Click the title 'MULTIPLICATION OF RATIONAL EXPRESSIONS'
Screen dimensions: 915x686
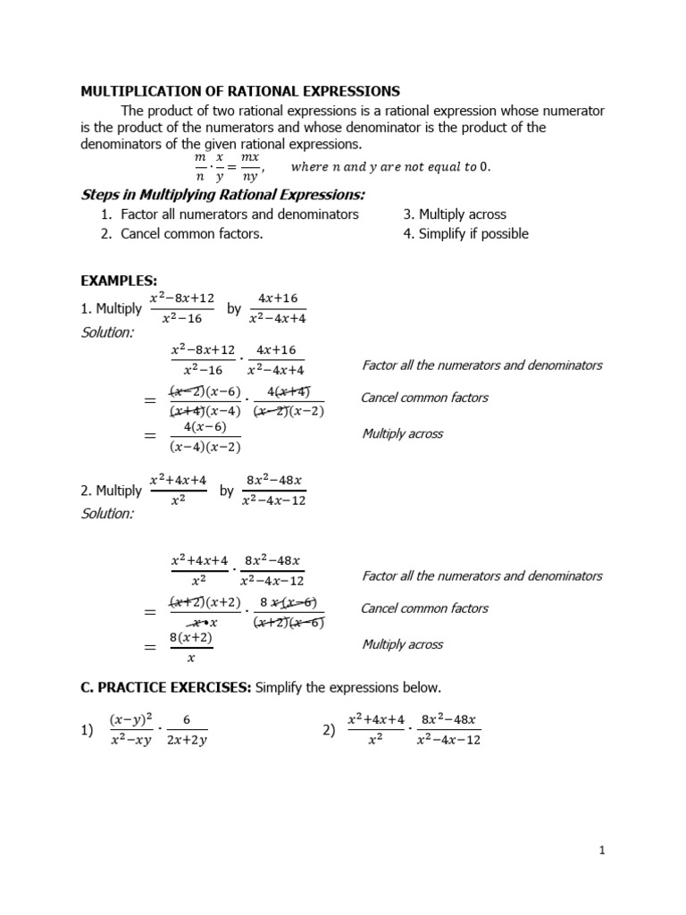(240, 91)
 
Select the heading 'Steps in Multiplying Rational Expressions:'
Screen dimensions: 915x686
(223, 195)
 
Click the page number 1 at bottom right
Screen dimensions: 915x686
(603, 851)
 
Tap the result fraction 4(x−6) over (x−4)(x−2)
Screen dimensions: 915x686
(205, 437)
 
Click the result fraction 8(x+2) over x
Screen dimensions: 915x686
(191, 648)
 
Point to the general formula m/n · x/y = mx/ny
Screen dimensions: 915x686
(227, 167)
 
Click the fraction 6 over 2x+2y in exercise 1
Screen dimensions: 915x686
(187, 729)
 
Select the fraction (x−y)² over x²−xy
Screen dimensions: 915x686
(131, 729)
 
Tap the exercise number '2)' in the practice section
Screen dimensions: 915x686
(329, 730)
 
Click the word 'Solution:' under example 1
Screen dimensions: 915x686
(107, 332)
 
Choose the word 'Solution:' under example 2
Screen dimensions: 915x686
(107, 514)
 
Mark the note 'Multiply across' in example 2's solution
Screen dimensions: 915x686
(402, 644)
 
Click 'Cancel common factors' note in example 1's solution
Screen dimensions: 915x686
(424, 398)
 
